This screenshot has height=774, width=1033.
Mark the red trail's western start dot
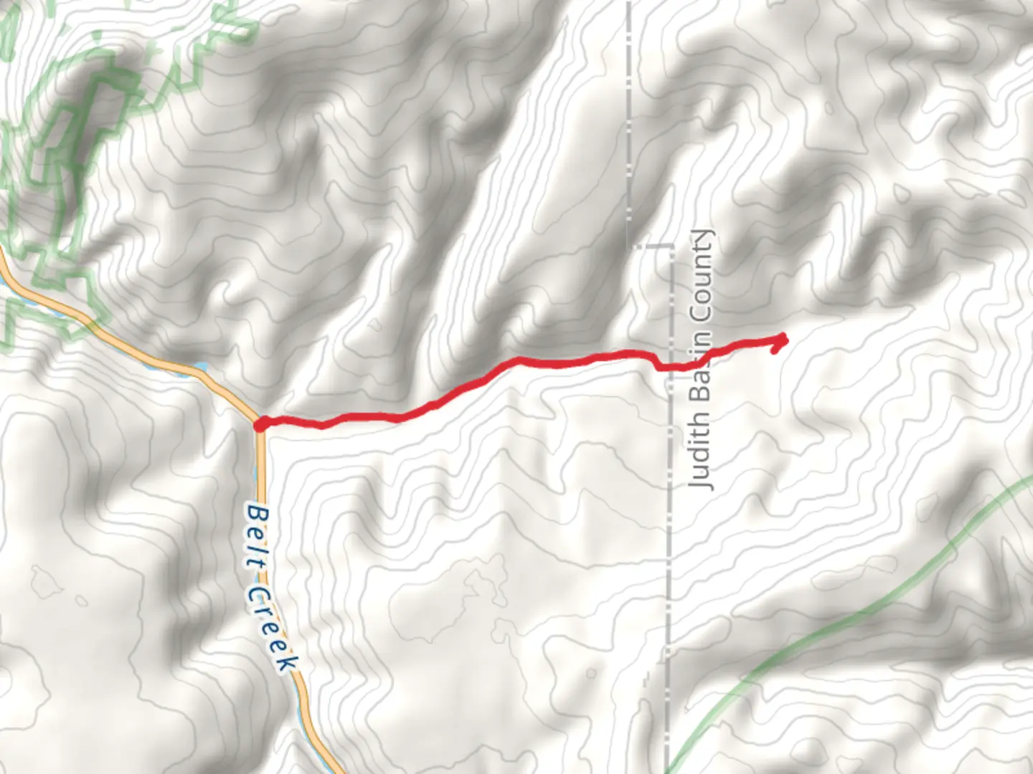pyautogui.click(x=260, y=424)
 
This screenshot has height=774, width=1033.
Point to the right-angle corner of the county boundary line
pyautogui.click(x=671, y=246)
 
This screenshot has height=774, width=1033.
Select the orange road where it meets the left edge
pyautogui.click(x=3, y=262)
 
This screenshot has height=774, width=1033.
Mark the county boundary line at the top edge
pyautogui.click(x=629, y=4)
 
